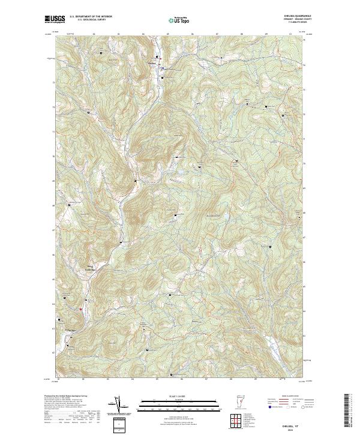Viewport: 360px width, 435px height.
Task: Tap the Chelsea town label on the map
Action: pos(153,62)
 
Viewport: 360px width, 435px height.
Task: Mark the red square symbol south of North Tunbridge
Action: pos(81,308)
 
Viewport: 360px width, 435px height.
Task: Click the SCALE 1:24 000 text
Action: pos(171,396)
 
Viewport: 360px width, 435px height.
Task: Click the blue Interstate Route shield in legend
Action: pos(270,406)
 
